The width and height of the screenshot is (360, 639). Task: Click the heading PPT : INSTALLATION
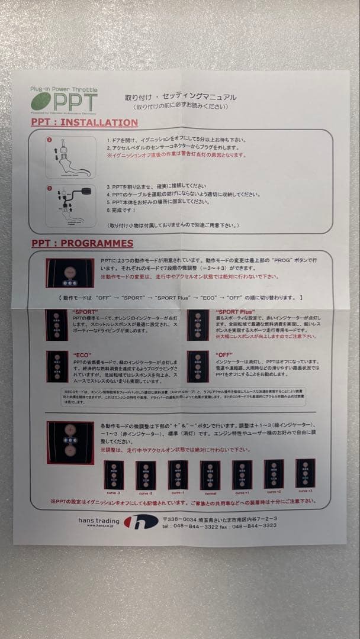(84, 122)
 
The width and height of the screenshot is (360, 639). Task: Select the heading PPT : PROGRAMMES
(82, 243)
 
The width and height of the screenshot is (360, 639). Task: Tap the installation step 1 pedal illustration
(70, 155)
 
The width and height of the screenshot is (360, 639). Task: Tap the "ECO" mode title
(81, 354)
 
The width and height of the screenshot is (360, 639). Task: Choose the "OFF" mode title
(225, 354)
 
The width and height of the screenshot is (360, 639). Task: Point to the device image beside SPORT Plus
(198, 324)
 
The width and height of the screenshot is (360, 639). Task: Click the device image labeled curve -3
(113, 474)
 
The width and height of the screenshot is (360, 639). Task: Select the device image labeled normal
(210, 474)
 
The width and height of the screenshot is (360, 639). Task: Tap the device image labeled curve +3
(305, 473)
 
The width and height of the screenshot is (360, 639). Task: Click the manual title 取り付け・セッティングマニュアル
(180, 96)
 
